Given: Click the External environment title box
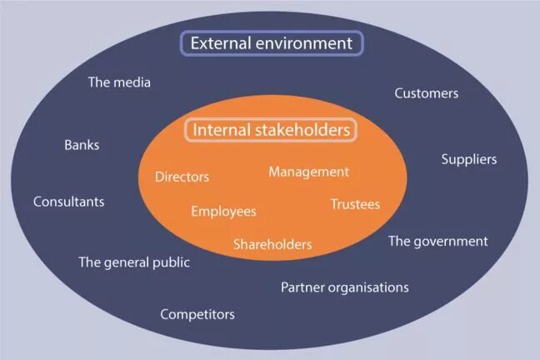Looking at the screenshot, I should [x=272, y=43].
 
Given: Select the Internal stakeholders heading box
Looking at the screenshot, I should [x=272, y=130].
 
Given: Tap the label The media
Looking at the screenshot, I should [x=119, y=82].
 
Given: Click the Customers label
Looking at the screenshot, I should [x=426, y=93].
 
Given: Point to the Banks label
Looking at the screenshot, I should [x=82, y=145].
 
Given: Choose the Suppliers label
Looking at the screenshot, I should [x=468, y=159].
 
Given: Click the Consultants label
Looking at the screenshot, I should [x=68, y=202].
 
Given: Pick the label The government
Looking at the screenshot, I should [x=437, y=241].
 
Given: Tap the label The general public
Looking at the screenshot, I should [x=134, y=262].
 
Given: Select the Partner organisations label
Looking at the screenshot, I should [x=344, y=287].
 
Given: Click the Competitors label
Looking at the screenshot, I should [x=197, y=314].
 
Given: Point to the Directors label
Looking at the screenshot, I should [x=182, y=177].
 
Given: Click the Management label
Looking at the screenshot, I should [x=308, y=172].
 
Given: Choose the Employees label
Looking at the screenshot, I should [x=223, y=212].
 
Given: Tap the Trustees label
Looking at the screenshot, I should [x=355, y=204].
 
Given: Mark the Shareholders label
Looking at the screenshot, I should [x=272, y=244].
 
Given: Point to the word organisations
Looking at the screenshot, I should [x=367, y=287].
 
